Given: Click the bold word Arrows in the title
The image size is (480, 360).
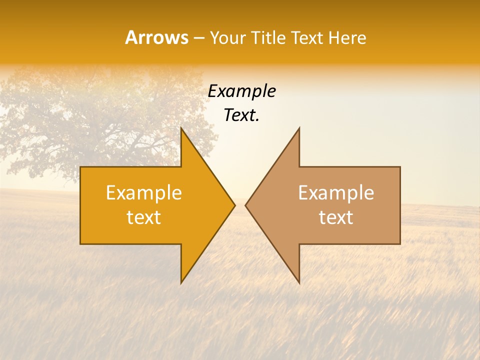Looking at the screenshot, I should click(156, 37).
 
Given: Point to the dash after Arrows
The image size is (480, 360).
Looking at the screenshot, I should click(198, 38).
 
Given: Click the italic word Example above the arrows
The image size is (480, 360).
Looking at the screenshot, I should click(241, 91).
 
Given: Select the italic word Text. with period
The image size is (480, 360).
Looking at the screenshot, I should click(241, 115).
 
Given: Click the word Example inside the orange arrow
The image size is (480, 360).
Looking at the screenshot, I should click(144, 193).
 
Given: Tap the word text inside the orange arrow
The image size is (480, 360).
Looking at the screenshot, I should click(144, 217).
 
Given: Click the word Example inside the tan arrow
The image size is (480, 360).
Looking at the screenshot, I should click(336, 193).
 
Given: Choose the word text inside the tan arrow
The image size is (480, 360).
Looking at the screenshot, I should click(336, 217).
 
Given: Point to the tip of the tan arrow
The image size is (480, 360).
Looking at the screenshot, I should click(246, 205).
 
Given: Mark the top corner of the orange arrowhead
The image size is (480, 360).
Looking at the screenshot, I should click(181, 128).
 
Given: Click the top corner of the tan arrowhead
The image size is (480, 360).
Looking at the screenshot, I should click(299, 128).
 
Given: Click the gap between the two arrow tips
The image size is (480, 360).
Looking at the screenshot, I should click(240, 205).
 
